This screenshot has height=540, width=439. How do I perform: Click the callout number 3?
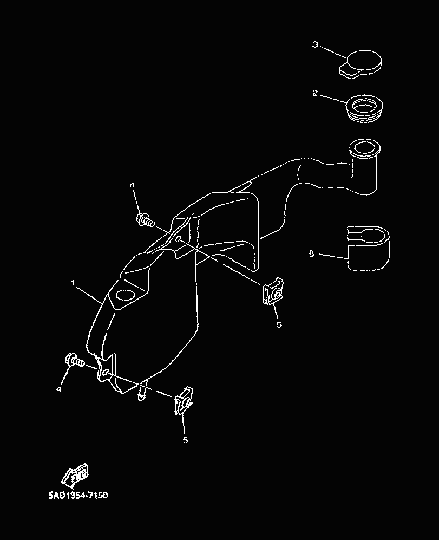tap(315, 44)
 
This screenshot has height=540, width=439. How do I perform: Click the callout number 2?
tap(314, 93)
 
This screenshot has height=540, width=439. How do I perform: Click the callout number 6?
tap(311, 253)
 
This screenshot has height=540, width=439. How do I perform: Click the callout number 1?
tap(73, 283)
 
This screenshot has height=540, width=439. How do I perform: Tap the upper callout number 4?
tap(132, 185)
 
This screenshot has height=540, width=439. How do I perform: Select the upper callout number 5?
tap(279, 325)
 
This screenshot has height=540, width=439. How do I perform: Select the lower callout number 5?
tap(185, 440)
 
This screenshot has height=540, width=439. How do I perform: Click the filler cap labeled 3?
tap(361, 63)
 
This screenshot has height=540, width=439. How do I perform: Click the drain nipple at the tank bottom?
tap(142, 394)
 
